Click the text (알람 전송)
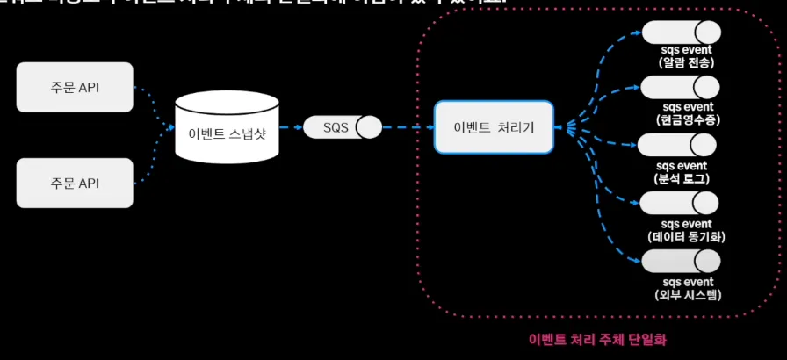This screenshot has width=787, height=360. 684,63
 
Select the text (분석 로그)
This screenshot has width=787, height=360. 683,178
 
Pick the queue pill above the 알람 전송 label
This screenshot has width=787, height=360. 681,32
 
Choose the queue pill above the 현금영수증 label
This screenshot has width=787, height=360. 681,87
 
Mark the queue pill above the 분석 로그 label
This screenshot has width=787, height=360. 677,144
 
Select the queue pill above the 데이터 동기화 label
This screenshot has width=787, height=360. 681,203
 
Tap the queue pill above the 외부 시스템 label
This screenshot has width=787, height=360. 681,261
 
